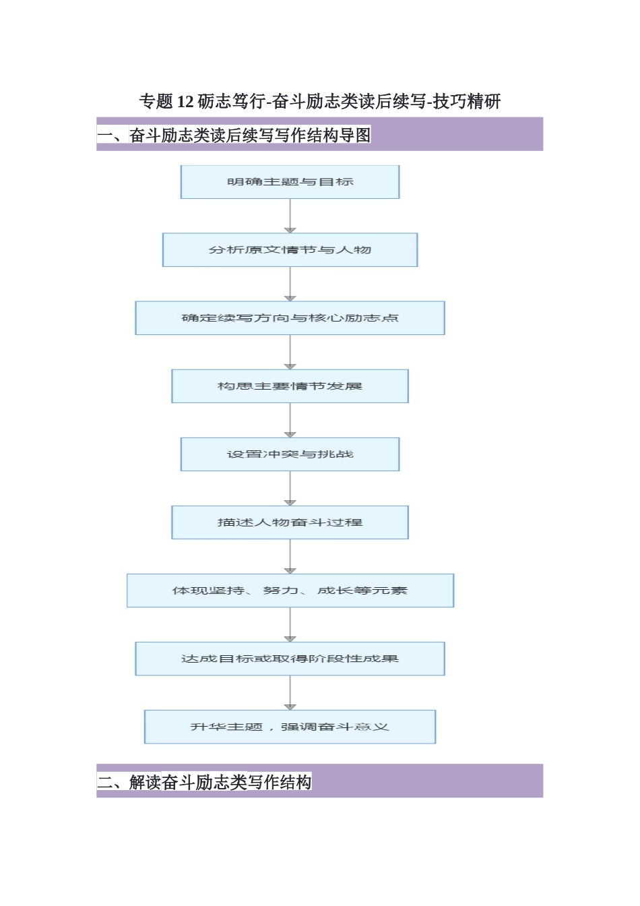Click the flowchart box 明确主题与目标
(290, 182)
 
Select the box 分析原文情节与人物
(290, 250)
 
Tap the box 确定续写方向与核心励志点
(290, 318)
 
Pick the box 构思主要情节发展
(290, 386)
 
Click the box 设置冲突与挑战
(290, 454)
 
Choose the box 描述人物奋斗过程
(290, 522)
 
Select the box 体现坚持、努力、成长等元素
(290, 591)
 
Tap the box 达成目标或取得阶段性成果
(290, 659)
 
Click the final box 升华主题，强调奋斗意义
(290, 727)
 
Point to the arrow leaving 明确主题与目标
(290, 216)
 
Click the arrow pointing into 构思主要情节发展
(290, 352)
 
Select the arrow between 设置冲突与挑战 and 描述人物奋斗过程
(290, 488)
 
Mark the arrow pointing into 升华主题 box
(290, 692)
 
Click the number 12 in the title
(185, 102)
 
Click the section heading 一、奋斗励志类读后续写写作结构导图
(234, 135)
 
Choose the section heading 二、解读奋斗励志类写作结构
(204, 782)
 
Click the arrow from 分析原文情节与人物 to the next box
(290, 284)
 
